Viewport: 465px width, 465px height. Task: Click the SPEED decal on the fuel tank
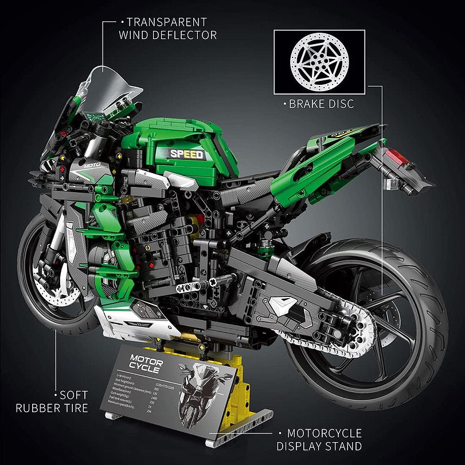186,154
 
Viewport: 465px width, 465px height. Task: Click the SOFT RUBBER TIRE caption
52,402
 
